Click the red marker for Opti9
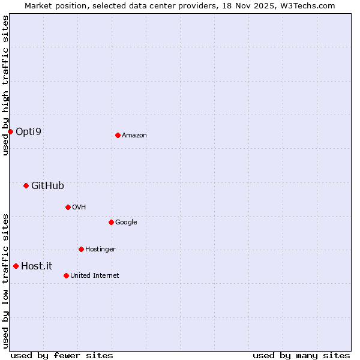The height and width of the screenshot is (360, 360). pyautogui.click(x=11, y=131)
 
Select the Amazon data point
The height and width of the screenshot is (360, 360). pyautogui.click(x=118, y=135)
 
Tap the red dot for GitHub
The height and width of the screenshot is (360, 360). pyautogui.click(x=26, y=185)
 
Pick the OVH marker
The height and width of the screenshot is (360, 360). pyautogui.click(x=68, y=207)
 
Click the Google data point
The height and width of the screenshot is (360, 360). pyautogui.click(x=111, y=222)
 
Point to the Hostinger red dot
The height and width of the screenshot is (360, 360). pyautogui.click(x=81, y=249)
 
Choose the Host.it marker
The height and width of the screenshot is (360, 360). pyautogui.click(x=16, y=266)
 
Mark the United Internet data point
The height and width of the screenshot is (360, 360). pyautogui.click(x=66, y=275)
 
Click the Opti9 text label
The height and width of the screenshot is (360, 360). pyautogui.click(x=29, y=131)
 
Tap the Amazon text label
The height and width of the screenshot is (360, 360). pyautogui.click(x=134, y=135)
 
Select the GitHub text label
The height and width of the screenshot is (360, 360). pyautogui.click(x=47, y=185)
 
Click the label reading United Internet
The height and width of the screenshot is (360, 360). pyautogui.click(x=95, y=275)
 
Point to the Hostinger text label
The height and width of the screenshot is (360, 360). pyautogui.click(x=100, y=249)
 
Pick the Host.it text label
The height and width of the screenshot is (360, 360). pyautogui.click(x=37, y=266)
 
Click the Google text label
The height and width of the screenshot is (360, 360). pyautogui.click(x=126, y=222)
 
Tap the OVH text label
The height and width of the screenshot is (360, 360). pyautogui.click(x=79, y=207)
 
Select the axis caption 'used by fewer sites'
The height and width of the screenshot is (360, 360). pyautogui.click(x=62, y=355)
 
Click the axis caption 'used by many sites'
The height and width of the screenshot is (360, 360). pyautogui.click(x=301, y=355)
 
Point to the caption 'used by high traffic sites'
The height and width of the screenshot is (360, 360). pyautogui.click(x=5, y=85)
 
